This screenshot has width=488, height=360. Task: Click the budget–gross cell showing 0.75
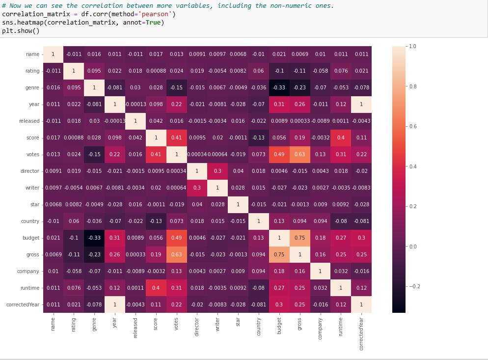(300, 238)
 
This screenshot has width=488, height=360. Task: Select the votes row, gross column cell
(300, 154)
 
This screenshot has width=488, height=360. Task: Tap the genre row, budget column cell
(279, 87)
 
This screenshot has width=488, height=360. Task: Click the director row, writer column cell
(217, 171)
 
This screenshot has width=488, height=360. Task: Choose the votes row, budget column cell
(279, 154)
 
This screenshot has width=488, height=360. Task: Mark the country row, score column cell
(156, 221)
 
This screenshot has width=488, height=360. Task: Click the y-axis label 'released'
(29, 121)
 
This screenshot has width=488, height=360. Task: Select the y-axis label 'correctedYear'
(23, 305)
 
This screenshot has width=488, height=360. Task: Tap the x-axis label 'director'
(197, 327)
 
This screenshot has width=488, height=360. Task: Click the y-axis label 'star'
(34, 204)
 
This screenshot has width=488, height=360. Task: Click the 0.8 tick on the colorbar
(412, 86)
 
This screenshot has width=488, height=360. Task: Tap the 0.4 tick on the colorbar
(412, 166)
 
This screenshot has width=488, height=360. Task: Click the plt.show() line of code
(21, 31)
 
